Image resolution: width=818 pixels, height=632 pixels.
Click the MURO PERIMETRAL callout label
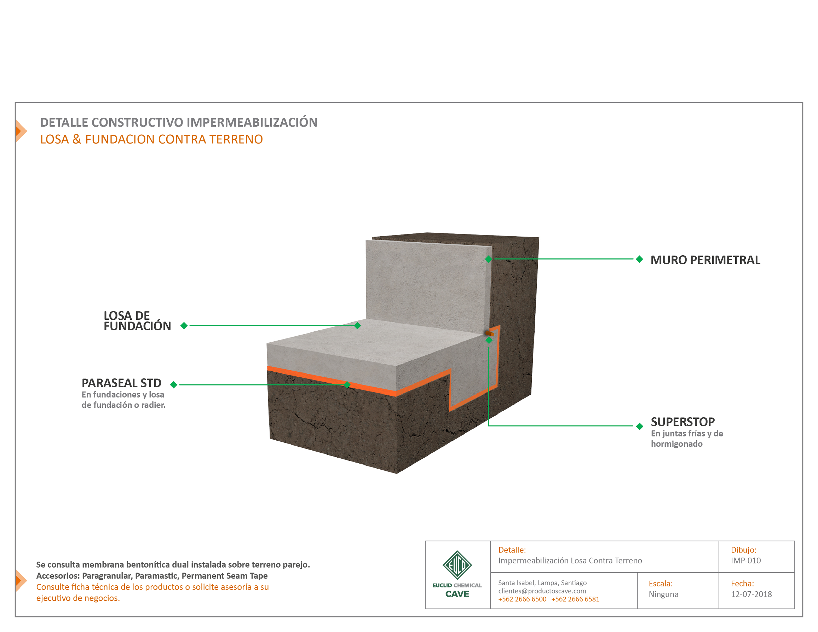pos(705,260)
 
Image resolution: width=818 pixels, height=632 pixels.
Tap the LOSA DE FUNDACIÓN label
pos(137,321)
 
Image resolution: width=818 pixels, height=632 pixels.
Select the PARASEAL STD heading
pos(121,383)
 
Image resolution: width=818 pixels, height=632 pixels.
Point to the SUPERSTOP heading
pos(682,422)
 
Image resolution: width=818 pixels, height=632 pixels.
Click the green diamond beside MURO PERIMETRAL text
pos(639,259)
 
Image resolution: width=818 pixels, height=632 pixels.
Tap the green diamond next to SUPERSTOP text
pos(639,426)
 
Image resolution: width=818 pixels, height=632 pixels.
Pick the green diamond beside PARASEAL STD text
pos(173,384)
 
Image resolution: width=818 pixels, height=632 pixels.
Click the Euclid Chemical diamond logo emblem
pos(457,565)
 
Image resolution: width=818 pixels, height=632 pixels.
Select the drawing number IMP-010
pos(746,561)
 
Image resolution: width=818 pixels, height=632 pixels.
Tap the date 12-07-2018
pos(751,594)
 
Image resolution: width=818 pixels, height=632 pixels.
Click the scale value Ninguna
pos(663,594)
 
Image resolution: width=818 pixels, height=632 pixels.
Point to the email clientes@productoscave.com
pos(542,591)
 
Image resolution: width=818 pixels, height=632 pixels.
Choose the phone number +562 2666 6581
pos(575,599)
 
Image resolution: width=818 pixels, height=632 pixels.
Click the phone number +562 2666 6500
pos(522,599)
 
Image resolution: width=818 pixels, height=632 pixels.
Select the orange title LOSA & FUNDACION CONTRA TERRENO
pos(151,139)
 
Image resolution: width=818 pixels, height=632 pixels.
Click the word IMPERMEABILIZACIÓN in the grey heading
pos(252,122)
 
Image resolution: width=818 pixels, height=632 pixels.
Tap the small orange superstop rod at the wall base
pos(489,333)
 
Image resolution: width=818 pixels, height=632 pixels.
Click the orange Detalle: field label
pos(512,550)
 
